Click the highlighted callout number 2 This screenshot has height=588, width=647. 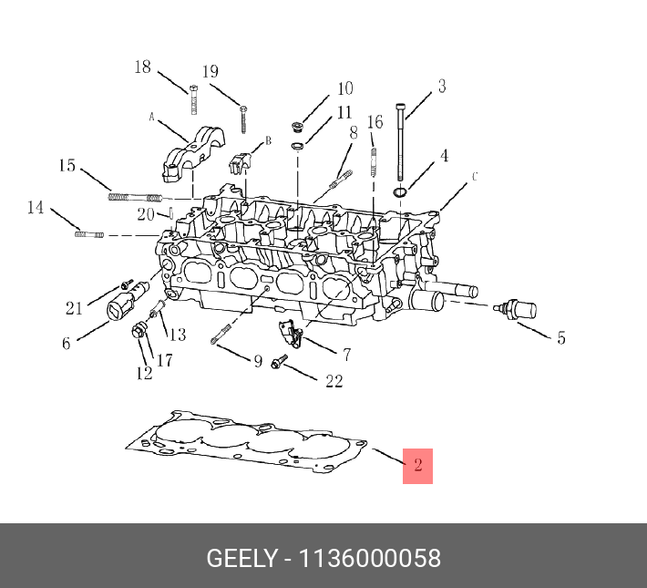(417, 466)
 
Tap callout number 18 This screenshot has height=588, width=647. (143, 67)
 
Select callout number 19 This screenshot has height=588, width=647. (210, 72)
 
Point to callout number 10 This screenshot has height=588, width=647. (344, 88)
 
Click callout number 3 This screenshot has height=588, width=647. (441, 87)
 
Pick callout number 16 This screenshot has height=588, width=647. (375, 122)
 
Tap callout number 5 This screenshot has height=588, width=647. (560, 338)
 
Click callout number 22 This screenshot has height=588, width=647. (334, 380)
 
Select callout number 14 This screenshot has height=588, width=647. (35, 208)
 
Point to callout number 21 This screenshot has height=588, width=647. (74, 308)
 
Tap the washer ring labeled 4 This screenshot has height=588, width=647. (399, 192)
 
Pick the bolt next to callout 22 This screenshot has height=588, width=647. (279, 363)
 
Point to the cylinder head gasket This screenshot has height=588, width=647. (246, 447)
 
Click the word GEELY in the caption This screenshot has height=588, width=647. (241, 558)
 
